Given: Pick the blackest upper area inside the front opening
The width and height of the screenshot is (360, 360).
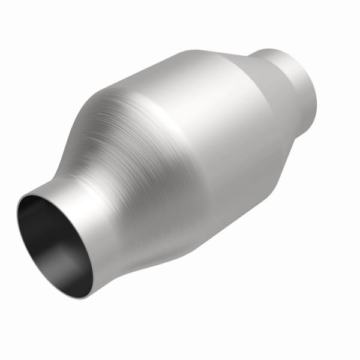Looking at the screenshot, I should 42,216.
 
